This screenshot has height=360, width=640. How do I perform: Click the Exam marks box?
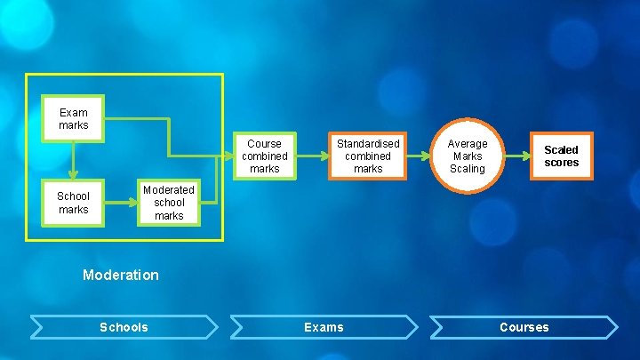[74, 119]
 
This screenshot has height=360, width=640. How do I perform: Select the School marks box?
[74, 203]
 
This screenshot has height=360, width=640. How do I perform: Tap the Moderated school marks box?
[168, 203]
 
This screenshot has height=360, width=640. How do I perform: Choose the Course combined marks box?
[264, 156]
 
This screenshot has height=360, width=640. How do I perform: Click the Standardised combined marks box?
[368, 156]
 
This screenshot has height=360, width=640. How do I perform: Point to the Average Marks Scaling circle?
[467, 156]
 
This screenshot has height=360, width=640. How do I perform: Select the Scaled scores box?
[561, 156]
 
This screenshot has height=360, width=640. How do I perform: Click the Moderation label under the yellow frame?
[121, 275]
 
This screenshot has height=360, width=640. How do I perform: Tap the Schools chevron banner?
[124, 327]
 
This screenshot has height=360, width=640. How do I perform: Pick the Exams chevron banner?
[324, 327]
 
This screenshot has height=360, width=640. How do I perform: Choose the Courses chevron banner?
[524, 327]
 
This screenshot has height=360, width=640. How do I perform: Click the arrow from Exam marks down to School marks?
[74, 160]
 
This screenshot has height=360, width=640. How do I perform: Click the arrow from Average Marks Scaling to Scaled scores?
[517, 156]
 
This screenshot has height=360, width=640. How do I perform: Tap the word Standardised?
[368, 143]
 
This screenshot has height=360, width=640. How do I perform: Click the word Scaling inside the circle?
[467, 169]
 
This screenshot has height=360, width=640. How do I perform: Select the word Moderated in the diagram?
[168, 189]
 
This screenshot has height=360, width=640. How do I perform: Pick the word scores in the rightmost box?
[561, 163]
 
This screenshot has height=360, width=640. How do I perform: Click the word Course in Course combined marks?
[264, 143]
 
